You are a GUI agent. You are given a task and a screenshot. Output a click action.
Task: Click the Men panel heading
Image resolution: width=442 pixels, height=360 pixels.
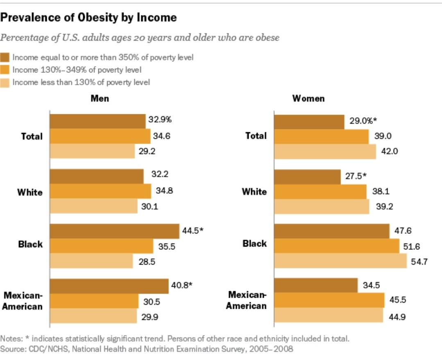pyautogui.click(x=100, y=99)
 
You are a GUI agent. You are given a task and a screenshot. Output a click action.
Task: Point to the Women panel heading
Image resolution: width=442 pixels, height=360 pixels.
pyautogui.click(x=308, y=99)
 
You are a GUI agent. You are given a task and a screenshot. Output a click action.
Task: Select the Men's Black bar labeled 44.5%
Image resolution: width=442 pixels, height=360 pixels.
pyautogui.click(x=114, y=231)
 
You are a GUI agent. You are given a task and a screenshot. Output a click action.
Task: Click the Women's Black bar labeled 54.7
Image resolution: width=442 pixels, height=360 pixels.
pyautogui.click(x=340, y=261)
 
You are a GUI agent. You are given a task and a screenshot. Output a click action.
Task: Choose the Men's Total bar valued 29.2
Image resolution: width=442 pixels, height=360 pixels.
pyautogui.click(x=92, y=151)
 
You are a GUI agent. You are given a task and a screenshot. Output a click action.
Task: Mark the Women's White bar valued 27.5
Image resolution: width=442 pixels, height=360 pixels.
pyautogui.click(x=307, y=177)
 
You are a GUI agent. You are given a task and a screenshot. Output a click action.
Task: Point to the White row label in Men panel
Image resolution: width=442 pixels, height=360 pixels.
pyautogui.click(x=30, y=192)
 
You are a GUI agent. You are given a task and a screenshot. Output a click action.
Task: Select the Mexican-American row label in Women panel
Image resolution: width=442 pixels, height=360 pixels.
pyautogui.click(x=247, y=300)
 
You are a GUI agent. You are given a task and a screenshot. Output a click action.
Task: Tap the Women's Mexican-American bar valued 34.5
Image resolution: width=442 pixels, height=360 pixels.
pyautogui.click(x=315, y=285)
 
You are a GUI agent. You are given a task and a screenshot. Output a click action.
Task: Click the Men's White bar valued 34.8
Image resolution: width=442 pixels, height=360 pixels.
pyautogui.click(x=100, y=191)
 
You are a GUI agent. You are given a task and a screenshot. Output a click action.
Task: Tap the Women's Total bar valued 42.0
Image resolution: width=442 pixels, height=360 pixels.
pyautogui.click(x=324, y=151)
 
